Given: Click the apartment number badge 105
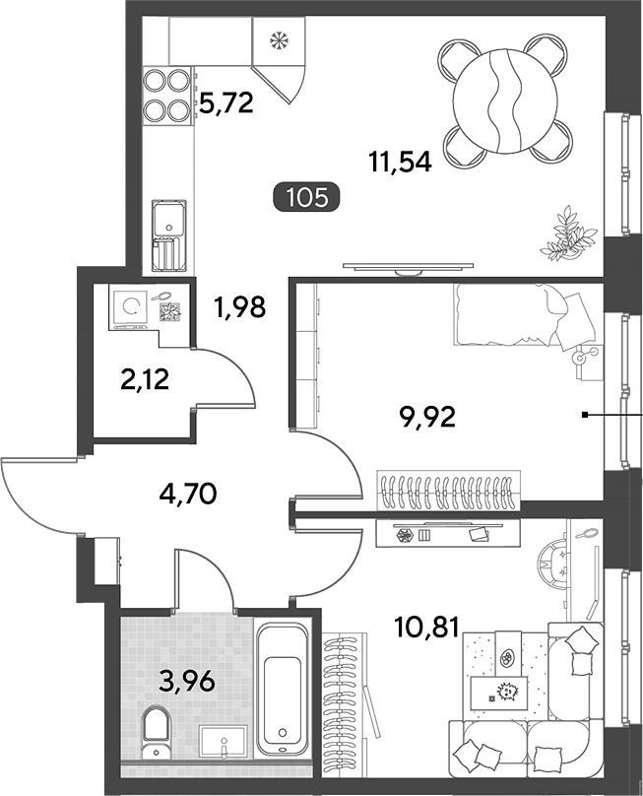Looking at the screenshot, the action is tap(307, 197).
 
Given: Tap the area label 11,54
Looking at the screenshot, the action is tap(401, 162).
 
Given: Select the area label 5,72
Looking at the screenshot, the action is tap(225, 103).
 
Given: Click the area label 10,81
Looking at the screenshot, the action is tap(426, 627).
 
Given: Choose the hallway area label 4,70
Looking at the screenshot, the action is tap(188, 493).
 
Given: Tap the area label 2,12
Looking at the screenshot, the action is tap(145, 378).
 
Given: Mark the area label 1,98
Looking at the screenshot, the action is tap(240, 306).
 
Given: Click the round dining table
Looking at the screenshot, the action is tap(505, 101).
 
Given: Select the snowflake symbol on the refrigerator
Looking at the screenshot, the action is tap(278, 40).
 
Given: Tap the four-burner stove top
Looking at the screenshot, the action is tap(166, 96).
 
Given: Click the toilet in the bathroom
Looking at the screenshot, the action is tap(155, 734).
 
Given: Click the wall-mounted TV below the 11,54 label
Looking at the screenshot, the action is tap(408, 267).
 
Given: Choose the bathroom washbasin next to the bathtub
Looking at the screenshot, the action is tap(224, 741).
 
